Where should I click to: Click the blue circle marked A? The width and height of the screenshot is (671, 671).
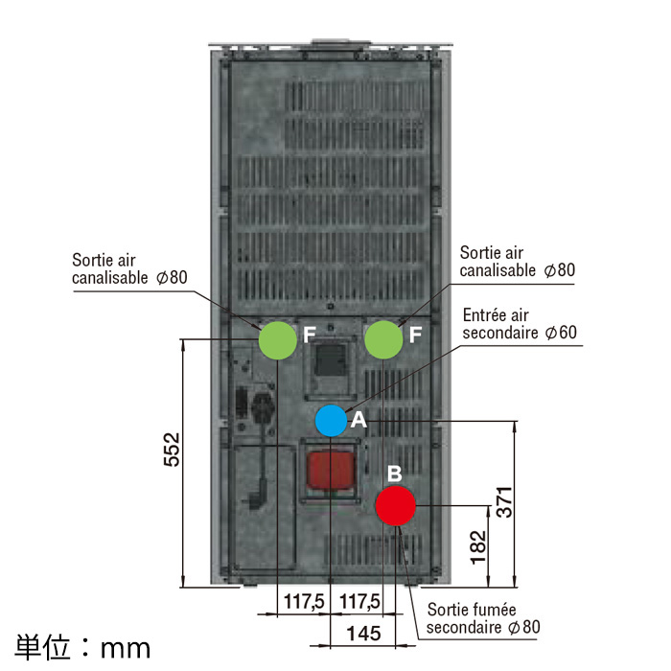pos(332,421)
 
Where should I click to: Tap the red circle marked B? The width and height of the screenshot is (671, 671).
pos(396,505)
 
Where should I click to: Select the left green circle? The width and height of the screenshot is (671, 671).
pos(278,339)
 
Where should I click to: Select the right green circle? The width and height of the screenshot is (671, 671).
pos(383,339)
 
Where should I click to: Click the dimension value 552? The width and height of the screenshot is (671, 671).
pos(172,450)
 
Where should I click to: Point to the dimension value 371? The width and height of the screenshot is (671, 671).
pos(504,502)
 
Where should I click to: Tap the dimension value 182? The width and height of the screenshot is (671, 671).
pos(478,547)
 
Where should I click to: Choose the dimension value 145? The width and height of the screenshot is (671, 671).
pos(363,634)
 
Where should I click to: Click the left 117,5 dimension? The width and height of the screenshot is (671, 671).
pos(304,601)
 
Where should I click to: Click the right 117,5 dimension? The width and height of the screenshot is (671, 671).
pos(359,601)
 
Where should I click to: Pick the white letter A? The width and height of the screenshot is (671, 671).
pos(359,420)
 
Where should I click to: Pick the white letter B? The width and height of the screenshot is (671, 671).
pos(395,474)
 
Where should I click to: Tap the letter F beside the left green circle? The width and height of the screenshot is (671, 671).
pos(309,335)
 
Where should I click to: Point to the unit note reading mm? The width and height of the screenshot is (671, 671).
pos(126,649)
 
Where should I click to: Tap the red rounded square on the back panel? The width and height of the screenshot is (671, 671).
pos(331,471)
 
